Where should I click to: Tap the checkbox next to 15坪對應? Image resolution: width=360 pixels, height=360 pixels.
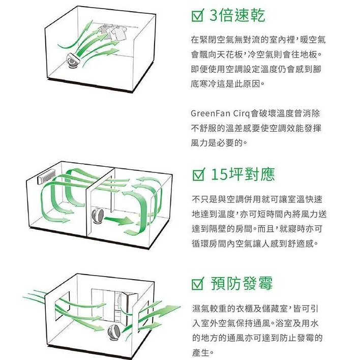tap(197, 175)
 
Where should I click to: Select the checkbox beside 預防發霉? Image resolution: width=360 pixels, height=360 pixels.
tap(197, 284)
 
